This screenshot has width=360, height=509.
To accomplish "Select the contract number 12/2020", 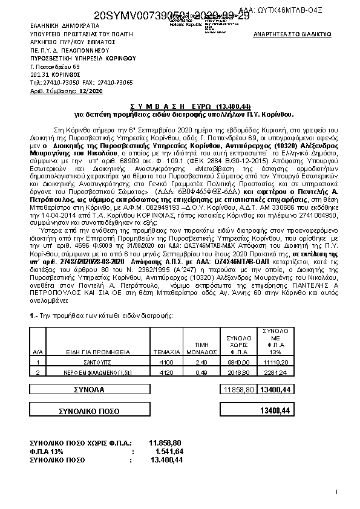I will [91, 90].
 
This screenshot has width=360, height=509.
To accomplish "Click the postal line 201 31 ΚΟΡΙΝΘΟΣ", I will [56, 74].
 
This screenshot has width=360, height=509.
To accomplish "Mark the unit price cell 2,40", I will [199, 361].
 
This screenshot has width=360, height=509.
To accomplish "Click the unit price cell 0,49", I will [199, 372].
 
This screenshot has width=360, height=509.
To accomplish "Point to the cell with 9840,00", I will [235, 361].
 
